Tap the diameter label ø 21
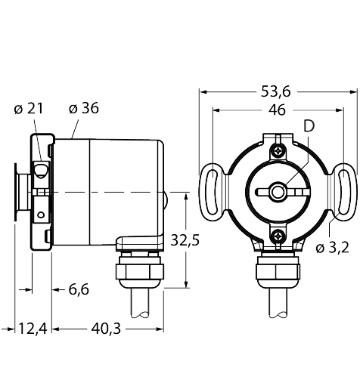pyautogui.click(x=29, y=109)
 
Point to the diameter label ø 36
pyautogui.click(x=83, y=109)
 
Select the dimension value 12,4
pyautogui.click(x=32, y=329)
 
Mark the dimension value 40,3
pyautogui.click(x=107, y=329)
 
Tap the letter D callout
pyautogui.click(x=308, y=126)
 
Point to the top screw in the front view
pyautogui.click(x=278, y=150)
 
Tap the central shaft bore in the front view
pyautogui.click(x=278, y=193)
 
